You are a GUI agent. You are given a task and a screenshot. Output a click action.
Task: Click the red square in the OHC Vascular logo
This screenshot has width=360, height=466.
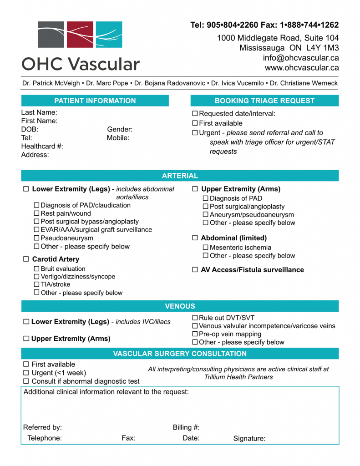click(80, 35)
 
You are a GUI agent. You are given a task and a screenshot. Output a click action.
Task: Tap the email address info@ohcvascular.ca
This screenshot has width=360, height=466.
click(300, 58)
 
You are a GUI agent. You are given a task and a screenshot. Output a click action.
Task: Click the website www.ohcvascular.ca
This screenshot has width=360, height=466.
click(301, 67)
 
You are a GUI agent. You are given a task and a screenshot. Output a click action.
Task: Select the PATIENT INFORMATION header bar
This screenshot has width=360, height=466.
click(95, 101)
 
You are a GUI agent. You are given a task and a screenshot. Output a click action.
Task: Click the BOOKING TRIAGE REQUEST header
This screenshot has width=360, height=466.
click(264, 101)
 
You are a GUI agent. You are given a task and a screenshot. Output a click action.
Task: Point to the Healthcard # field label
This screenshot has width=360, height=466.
click(42, 146)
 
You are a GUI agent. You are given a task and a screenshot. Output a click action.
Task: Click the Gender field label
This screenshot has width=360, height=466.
click(120, 130)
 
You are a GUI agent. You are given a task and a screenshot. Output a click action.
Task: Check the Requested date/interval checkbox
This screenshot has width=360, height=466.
click(195, 114)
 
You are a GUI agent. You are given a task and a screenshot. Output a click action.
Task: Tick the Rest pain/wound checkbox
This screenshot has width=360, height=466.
click(37, 213)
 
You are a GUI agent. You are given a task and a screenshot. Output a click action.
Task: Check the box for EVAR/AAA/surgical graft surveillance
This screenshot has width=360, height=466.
click(37, 230)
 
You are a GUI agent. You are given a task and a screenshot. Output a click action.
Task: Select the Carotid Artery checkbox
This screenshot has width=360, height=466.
click(26, 259)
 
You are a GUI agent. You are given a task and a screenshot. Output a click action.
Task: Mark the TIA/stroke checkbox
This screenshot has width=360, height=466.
click(37, 284)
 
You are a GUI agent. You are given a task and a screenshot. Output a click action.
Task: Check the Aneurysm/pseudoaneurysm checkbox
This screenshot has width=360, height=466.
click(206, 215)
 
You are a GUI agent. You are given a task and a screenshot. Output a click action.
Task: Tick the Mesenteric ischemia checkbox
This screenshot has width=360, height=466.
click(206, 248)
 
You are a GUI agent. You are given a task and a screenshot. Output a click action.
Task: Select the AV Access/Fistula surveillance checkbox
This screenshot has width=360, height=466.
click(195, 270)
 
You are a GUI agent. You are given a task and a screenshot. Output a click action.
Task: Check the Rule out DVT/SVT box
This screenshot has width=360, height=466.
click(195, 318)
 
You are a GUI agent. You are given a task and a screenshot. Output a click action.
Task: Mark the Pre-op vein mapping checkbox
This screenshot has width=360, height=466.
click(195, 334)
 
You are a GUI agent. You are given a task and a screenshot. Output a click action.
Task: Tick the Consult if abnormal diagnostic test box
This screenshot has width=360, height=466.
click(26, 381)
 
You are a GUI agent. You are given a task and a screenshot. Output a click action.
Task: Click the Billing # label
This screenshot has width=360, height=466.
click(186, 427)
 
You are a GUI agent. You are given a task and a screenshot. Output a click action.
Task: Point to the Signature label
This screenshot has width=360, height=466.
click(249, 439)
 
